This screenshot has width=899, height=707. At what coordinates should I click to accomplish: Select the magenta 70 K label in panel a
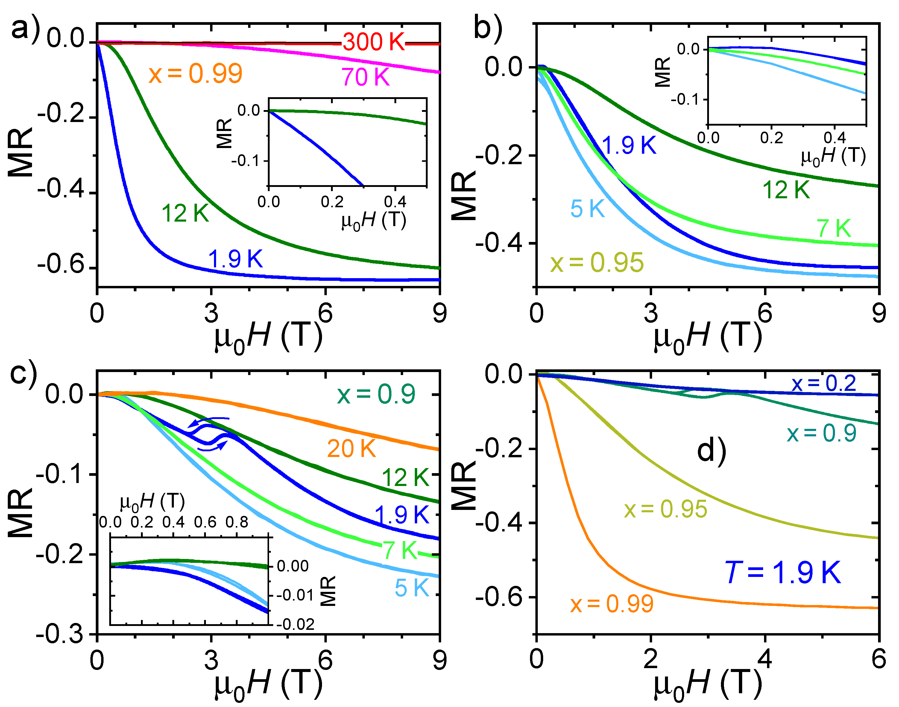(365, 77)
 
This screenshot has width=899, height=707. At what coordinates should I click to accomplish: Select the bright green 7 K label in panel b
(833, 228)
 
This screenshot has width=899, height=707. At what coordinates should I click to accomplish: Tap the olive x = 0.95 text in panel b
(597, 263)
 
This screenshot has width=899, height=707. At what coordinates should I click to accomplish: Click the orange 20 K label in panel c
(351, 448)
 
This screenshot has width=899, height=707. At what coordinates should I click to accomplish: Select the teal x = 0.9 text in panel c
(376, 394)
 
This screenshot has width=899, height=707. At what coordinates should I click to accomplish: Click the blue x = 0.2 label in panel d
(824, 383)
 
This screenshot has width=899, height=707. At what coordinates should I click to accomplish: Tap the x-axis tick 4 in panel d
(765, 659)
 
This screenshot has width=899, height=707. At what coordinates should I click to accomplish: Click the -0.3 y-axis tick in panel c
(60, 634)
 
